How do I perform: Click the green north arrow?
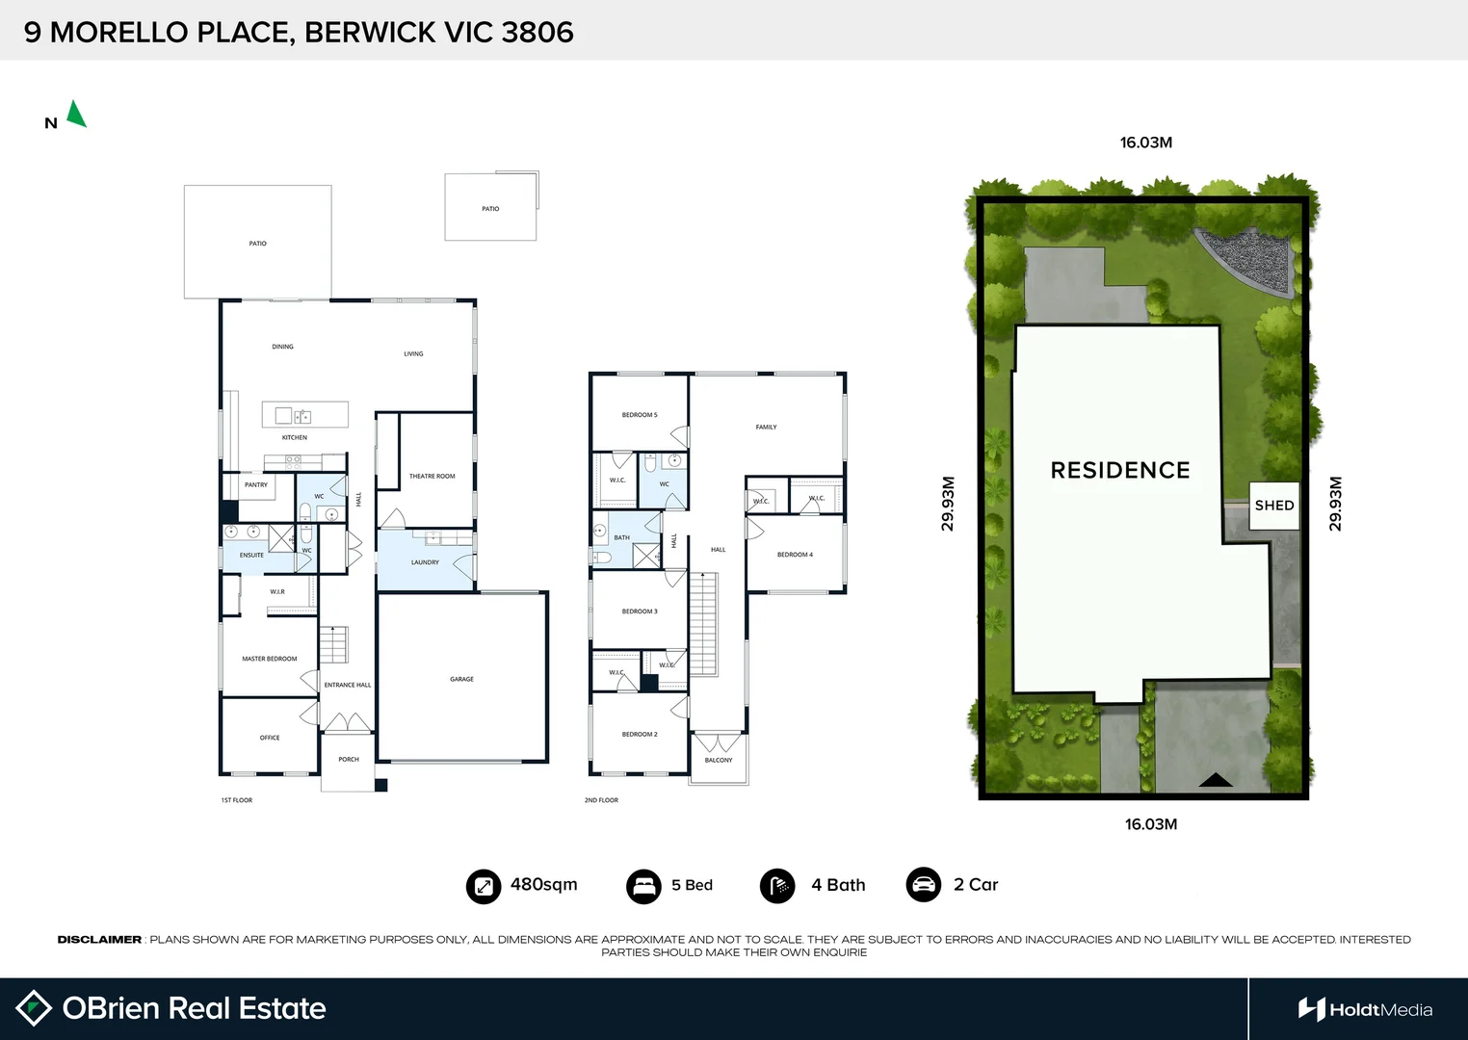pyautogui.click(x=76, y=115)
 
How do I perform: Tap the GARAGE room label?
pyautogui.click(x=461, y=679)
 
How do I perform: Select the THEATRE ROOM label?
pyautogui.click(x=432, y=476)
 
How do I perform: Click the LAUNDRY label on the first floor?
pyautogui.click(x=425, y=562)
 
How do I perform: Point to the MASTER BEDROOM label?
pyautogui.click(x=270, y=659)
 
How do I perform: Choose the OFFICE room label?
pyautogui.click(x=270, y=738)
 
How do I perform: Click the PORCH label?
pyautogui.click(x=349, y=759)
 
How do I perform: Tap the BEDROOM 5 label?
pyautogui.click(x=640, y=415)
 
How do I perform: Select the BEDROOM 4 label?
pyautogui.click(x=795, y=555)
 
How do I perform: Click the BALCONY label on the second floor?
pyautogui.click(x=719, y=760)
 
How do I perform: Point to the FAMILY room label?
pyautogui.click(x=766, y=427)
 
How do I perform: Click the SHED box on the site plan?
pyautogui.click(x=1273, y=506)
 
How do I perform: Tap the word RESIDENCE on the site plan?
pyautogui.click(x=1120, y=470)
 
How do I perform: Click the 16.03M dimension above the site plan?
pyautogui.click(x=1145, y=143)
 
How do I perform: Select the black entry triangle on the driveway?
pyautogui.click(x=1216, y=780)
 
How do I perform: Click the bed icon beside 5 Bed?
pyautogui.click(x=643, y=885)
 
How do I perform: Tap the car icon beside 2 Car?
pyautogui.click(x=924, y=884)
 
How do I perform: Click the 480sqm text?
pyautogui.click(x=543, y=884)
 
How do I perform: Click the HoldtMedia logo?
pyautogui.click(x=1365, y=1009)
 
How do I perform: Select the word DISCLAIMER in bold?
pyautogui.click(x=99, y=939)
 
